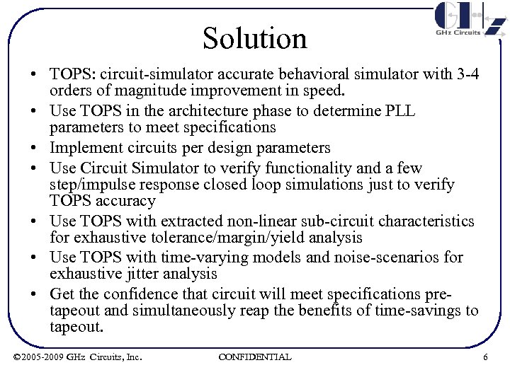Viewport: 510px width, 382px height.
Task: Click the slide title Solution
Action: (255, 38)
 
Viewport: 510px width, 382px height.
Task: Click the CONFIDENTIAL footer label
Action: (255, 357)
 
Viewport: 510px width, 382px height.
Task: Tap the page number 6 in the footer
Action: (485, 357)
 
